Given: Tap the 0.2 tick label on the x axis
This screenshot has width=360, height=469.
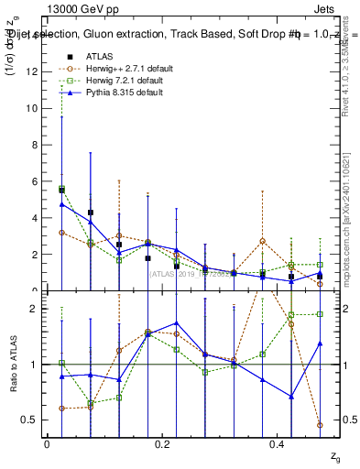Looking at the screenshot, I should pyautogui.click(x=162, y=444).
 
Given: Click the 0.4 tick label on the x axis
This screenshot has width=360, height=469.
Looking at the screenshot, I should pyautogui.click(x=278, y=444).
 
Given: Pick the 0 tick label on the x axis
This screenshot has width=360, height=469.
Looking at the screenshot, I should pyautogui.click(x=46, y=444).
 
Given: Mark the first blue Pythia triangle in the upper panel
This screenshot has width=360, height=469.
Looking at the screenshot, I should pyautogui.click(x=61, y=204).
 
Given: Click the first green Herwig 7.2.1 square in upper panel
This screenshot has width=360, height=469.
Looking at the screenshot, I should pyautogui.click(x=61, y=190).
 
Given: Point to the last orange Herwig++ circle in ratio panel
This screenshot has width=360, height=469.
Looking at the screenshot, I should pyautogui.click(x=319, y=425).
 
